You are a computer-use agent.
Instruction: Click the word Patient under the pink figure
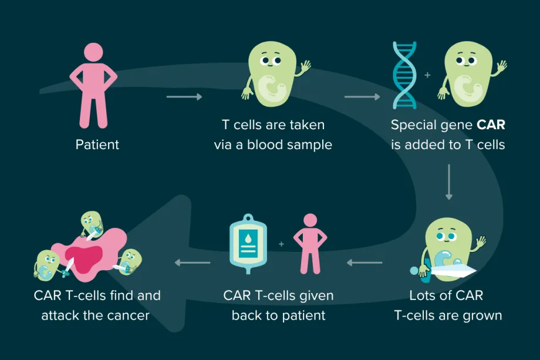coord(97,144)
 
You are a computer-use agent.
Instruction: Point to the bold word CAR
coord(491,125)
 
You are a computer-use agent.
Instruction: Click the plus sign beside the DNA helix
coord(427,76)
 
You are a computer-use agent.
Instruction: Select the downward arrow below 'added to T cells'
coord(449,181)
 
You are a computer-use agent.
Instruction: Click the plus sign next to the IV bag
coord(281,243)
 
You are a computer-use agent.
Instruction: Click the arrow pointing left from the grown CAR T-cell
coord(365,263)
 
